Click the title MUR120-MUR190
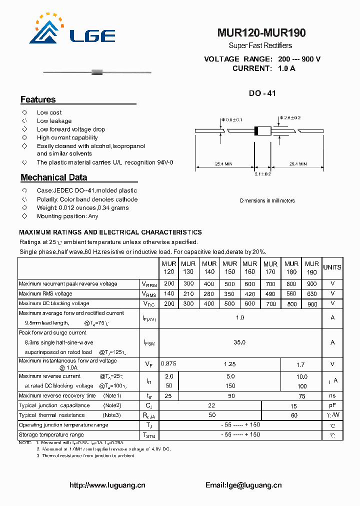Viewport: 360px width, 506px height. coord(261,33)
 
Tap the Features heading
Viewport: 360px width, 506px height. coord(38,99)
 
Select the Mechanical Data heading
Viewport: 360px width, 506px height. coord(53,177)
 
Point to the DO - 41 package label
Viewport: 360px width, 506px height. coord(262,93)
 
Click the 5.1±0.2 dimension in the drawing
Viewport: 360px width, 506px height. coord(263,174)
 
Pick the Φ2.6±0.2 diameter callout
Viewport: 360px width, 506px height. coord(290,117)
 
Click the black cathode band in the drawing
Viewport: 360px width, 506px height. coord(256,131)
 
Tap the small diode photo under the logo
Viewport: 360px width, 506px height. coord(97,73)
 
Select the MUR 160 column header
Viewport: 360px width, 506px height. coord(249,267)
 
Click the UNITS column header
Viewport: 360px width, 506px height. coord(332,267)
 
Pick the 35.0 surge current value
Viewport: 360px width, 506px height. coord(240,342)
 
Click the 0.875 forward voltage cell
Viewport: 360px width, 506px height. coord(168,364)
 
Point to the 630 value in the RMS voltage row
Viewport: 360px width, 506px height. coord(312,293)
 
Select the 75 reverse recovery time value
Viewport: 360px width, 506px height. coord(301,396)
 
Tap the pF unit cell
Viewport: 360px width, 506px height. coord(332,405)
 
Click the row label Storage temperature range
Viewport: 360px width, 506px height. coord(51,435)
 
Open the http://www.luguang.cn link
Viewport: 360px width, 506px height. coord(107,485)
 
